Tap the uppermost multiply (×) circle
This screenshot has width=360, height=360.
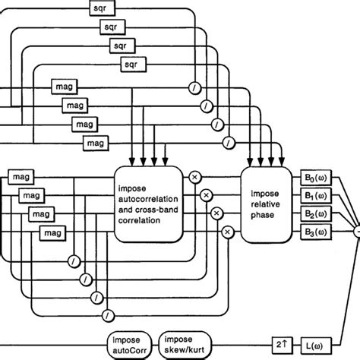194,177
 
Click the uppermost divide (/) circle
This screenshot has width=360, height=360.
195,87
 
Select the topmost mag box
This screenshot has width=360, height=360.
62,86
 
